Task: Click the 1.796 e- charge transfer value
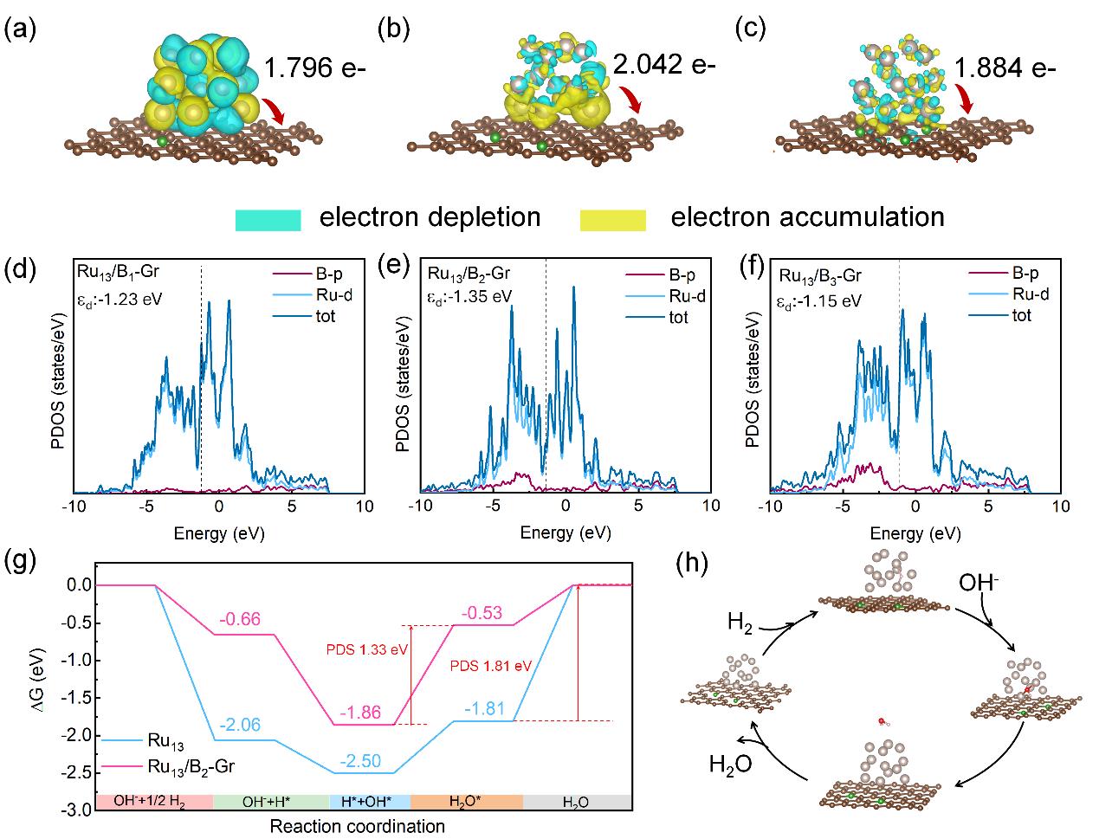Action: tap(314, 68)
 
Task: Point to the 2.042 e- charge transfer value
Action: tap(664, 65)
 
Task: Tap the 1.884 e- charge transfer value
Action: tap(1005, 68)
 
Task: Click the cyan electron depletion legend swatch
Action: tap(268, 220)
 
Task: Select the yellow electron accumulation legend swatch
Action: tap(613, 220)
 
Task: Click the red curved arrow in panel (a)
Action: tap(273, 111)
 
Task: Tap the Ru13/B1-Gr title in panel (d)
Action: tap(118, 273)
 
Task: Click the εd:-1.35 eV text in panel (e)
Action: tap(469, 297)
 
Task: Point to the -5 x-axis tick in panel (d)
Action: tap(145, 507)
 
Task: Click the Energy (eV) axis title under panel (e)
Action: tap(566, 532)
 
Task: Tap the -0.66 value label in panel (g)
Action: tap(240, 619)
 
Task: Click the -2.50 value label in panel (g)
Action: tap(360, 761)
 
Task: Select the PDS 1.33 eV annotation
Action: tap(367, 649)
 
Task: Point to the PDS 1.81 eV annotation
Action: tap(491, 667)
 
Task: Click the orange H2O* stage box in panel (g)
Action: tap(467, 802)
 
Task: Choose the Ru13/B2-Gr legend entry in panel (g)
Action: tap(168, 767)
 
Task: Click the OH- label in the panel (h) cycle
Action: tap(979, 583)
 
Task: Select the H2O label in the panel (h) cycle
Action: tap(730, 765)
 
